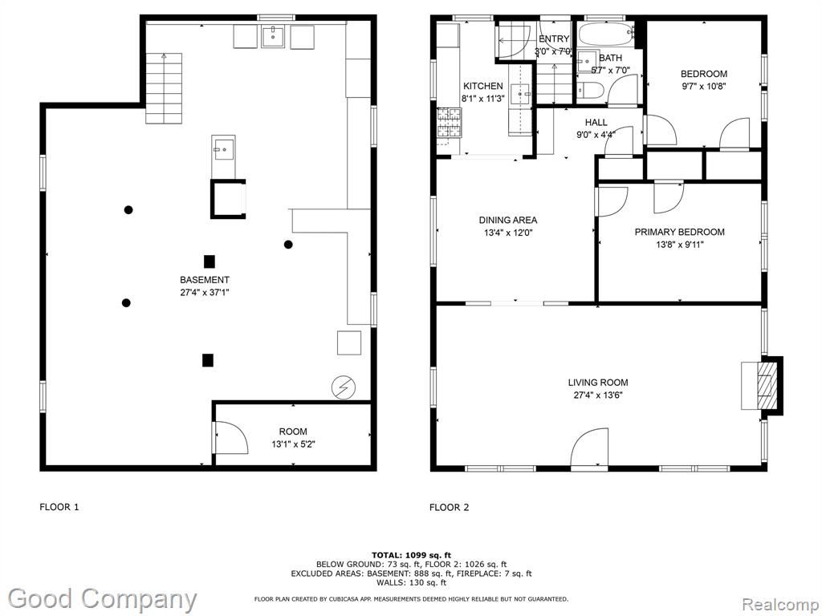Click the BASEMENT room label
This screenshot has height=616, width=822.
[x=205, y=280]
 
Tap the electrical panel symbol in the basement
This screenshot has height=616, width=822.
[x=344, y=387]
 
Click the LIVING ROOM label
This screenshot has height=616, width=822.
[x=597, y=383]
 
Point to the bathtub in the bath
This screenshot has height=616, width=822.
[x=606, y=35]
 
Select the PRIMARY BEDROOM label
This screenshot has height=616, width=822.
[x=679, y=232]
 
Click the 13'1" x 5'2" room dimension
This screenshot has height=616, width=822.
[x=293, y=444]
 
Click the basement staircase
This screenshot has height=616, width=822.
[x=164, y=88]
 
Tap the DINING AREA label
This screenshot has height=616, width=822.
[x=508, y=220]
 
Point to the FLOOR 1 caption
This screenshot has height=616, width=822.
[x=59, y=507]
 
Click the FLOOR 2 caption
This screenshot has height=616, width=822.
[x=450, y=507]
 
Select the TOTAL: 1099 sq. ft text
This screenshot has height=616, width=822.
[x=411, y=555]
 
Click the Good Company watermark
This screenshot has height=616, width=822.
[x=102, y=599]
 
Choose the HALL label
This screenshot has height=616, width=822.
[x=596, y=122]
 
